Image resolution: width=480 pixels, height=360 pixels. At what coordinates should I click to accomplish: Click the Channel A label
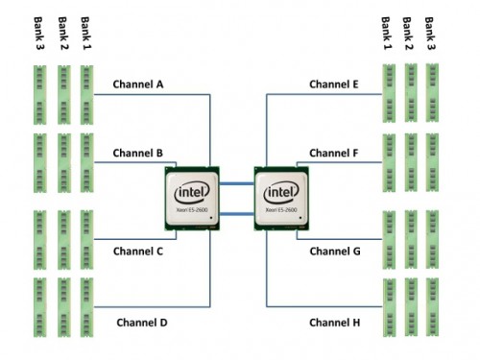tap(139, 84)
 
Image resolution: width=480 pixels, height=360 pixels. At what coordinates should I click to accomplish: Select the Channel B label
tap(138, 153)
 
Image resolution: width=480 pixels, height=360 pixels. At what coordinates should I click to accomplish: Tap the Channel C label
tap(139, 252)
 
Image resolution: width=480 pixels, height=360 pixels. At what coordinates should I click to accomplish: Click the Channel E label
tap(334, 84)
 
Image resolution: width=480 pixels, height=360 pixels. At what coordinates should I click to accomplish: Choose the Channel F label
tap(334, 153)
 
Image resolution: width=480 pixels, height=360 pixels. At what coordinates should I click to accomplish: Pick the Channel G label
tap(335, 252)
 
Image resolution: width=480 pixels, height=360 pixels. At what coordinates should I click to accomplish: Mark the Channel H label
tap(335, 322)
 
